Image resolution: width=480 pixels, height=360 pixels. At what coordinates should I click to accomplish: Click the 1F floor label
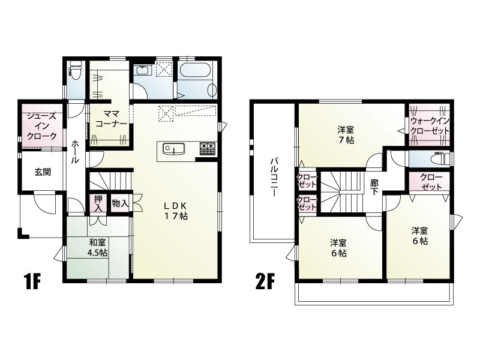[x=32, y=283]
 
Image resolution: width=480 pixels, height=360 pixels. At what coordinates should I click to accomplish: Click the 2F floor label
[x=263, y=283]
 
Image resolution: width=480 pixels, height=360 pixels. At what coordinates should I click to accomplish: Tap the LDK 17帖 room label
[x=176, y=211]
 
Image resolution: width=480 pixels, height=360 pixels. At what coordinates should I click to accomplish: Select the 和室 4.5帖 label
[x=98, y=248]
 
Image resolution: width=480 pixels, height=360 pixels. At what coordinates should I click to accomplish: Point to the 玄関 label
[x=43, y=172]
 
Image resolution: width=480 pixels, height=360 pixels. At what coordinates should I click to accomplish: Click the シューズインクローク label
[x=41, y=126]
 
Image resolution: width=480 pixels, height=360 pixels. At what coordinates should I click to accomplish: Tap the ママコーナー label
[x=111, y=119]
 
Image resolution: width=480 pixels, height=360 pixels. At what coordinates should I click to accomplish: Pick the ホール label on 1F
[x=75, y=152]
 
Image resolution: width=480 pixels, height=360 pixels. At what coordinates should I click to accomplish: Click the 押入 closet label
[x=98, y=203]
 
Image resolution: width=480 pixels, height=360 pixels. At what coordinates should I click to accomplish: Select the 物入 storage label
[x=121, y=203]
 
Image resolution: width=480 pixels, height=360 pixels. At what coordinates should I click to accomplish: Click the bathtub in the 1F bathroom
[x=195, y=70]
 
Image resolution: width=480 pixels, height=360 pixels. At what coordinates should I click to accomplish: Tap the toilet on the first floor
[x=76, y=69]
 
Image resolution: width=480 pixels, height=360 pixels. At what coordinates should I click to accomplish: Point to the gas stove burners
[x=208, y=149]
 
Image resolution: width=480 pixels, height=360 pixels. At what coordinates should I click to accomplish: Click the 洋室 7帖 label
[x=346, y=135]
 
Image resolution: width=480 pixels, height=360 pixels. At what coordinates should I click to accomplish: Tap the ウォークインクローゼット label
[x=430, y=125]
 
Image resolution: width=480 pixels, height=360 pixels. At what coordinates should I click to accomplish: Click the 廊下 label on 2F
[x=374, y=187]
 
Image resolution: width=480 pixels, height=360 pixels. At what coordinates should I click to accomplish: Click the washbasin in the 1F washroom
[x=143, y=70]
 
